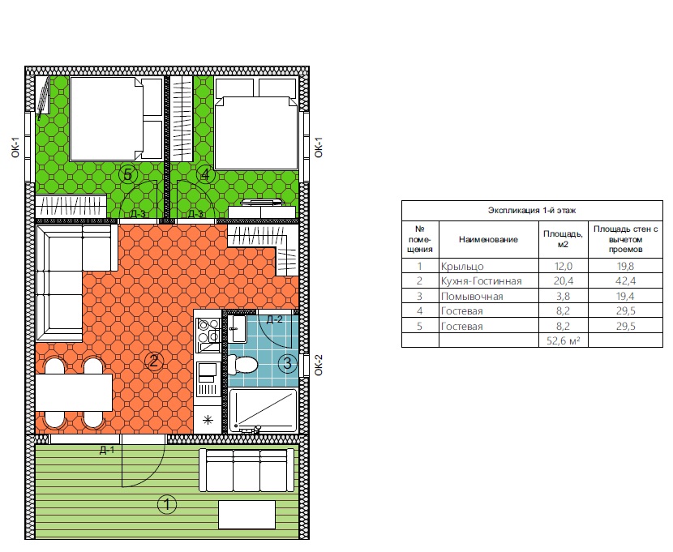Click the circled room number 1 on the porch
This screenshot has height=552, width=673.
click(167, 504)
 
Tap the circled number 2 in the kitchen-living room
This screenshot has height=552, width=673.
click(154, 362)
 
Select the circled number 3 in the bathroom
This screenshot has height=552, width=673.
click(287, 364)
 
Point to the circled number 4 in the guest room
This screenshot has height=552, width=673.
click(205, 174)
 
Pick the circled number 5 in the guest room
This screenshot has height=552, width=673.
click(127, 174)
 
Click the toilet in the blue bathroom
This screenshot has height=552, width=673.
click(242, 365)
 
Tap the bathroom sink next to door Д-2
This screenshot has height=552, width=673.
click(238, 329)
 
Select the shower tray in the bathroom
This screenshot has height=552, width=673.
click(263, 410)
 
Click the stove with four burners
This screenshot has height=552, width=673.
click(208, 336)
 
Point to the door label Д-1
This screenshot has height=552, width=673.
click(107, 450)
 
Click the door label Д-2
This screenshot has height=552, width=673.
click(274, 319)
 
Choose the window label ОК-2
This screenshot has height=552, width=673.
click(318, 366)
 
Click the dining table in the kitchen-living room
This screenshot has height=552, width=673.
click(74, 392)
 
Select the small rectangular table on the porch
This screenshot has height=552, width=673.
click(246, 515)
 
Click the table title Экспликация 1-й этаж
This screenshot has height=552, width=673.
click(532, 211)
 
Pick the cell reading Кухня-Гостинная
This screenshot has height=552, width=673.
click(481, 281)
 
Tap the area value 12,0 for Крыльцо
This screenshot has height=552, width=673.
click(563, 267)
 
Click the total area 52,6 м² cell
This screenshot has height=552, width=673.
click(563, 341)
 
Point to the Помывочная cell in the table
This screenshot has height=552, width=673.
click(472, 297)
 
